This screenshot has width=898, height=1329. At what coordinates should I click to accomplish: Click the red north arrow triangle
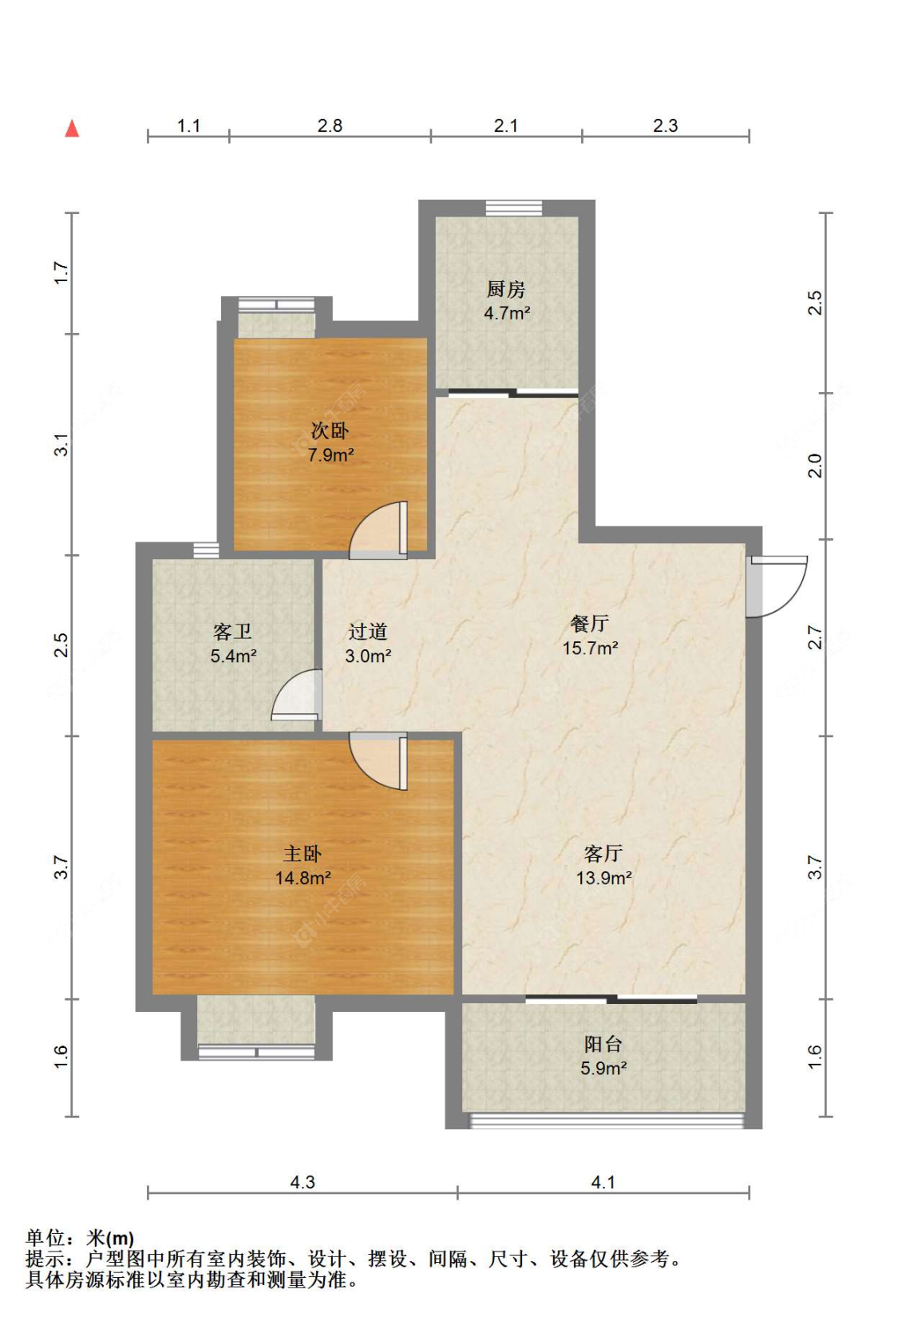pyautogui.click(x=72, y=128)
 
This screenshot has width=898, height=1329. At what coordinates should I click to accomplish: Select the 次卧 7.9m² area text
pyautogui.click(x=330, y=455)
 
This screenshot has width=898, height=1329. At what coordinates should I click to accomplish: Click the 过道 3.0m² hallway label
pyautogui.click(x=368, y=644)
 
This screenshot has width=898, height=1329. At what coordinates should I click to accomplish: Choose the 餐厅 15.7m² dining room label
pyautogui.click(x=590, y=636)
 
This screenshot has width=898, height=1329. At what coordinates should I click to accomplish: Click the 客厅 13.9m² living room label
pyautogui.click(x=603, y=866)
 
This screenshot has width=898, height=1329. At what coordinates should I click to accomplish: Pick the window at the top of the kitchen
pyautogui.click(x=513, y=208)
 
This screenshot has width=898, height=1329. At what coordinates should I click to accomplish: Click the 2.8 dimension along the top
pyautogui.click(x=330, y=125)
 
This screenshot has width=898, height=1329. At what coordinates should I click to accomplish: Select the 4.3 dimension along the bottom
pyautogui.click(x=303, y=1183)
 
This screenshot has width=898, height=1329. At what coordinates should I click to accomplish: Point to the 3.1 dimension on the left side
pyautogui.click(x=61, y=445)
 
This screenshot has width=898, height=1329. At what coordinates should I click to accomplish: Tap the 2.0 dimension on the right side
pyautogui.click(x=816, y=466)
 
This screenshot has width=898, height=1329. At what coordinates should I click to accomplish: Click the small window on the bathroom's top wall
pyautogui.click(x=206, y=550)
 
